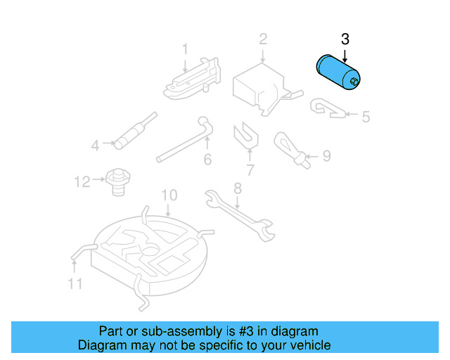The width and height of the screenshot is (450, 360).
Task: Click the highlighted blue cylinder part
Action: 335,72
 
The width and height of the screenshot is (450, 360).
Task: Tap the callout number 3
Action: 345,39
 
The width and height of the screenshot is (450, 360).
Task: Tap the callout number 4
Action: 96,146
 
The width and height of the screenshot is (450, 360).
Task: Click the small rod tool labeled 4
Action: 133,131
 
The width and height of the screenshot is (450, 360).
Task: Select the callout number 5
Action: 365,117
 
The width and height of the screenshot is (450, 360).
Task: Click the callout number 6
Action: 207,160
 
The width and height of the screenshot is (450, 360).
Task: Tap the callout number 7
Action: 250,169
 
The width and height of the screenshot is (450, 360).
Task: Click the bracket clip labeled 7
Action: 244,135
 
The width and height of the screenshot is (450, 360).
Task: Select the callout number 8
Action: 238,188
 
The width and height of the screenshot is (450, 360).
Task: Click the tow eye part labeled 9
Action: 291,147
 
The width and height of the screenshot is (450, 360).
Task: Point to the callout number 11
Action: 75,283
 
